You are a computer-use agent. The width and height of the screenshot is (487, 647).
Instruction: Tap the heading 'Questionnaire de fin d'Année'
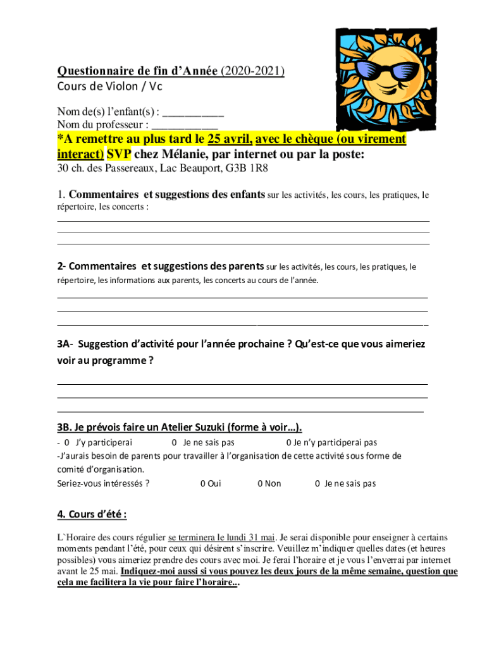(x=138, y=71)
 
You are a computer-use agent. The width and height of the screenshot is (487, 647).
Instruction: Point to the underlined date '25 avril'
(x=230, y=139)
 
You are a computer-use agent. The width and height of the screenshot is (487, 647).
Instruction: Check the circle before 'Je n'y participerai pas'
(x=288, y=442)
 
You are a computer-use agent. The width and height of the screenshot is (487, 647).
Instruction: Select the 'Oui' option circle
(x=202, y=483)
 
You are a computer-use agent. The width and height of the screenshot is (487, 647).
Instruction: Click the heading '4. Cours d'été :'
(x=92, y=514)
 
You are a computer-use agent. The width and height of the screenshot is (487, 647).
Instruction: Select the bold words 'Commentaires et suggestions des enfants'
(x=166, y=195)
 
